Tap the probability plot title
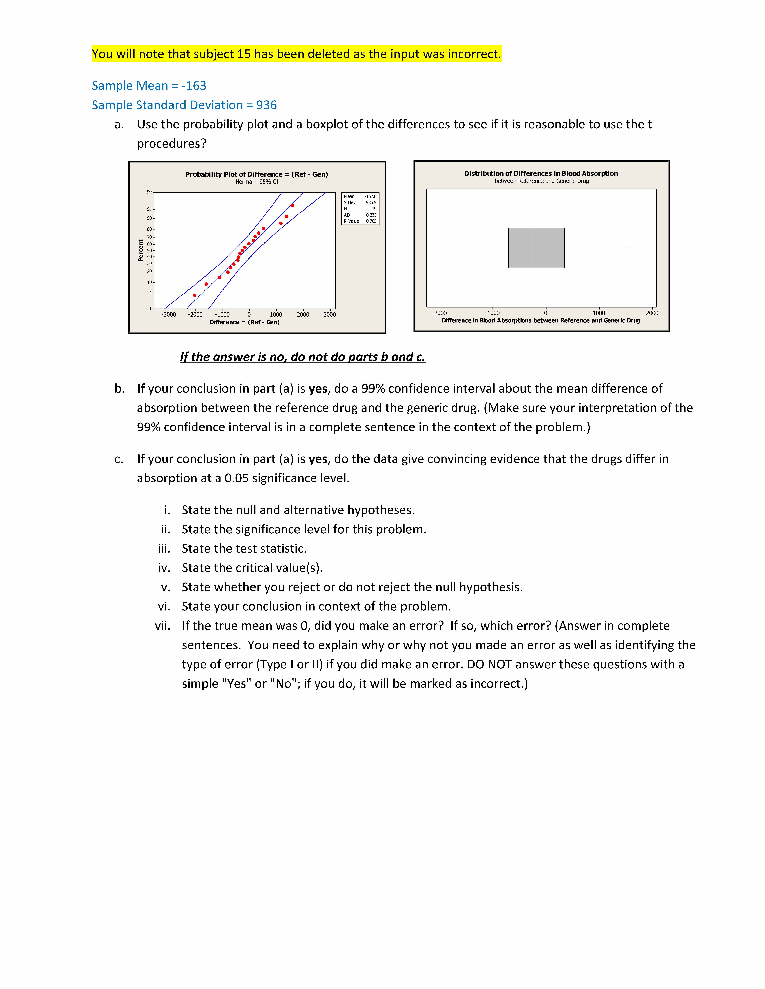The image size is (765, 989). (257, 174)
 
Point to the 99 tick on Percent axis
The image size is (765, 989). (149, 192)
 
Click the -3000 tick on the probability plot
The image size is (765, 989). (169, 315)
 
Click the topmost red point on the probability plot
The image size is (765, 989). (292, 206)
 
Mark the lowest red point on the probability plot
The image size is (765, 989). (195, 295)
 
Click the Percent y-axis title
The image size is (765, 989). (140, 250)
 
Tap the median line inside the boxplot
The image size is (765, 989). (532, 248)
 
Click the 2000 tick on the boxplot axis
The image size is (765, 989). (652, 313)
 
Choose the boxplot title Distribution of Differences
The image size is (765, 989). (541, 173)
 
